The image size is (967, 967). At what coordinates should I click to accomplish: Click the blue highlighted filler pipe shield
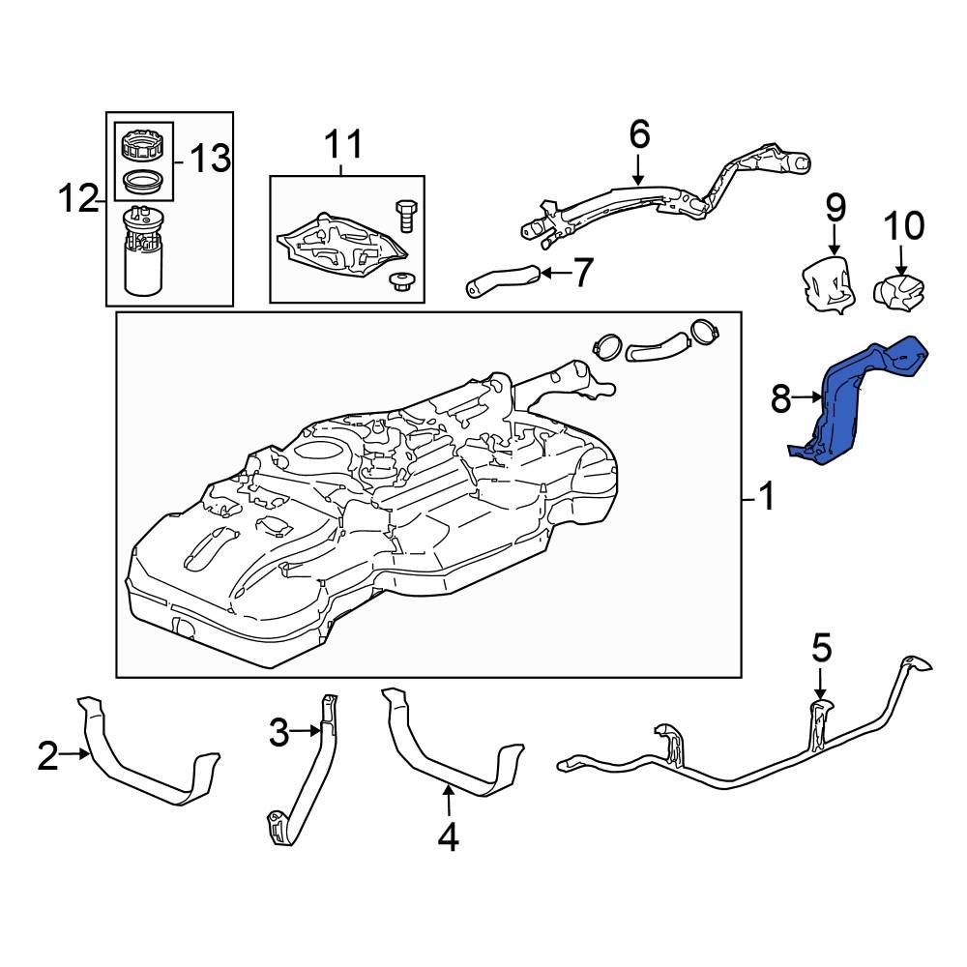coord(851,406)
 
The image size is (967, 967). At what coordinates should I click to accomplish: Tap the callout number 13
coord(208,158)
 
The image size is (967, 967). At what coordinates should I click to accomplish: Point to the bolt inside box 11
coord(405,214)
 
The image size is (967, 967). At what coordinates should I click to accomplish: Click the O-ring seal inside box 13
coord(143,179)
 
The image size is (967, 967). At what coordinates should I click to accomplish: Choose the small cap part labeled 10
coord(899,288)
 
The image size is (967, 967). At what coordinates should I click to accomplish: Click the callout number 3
coord(279,733)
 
